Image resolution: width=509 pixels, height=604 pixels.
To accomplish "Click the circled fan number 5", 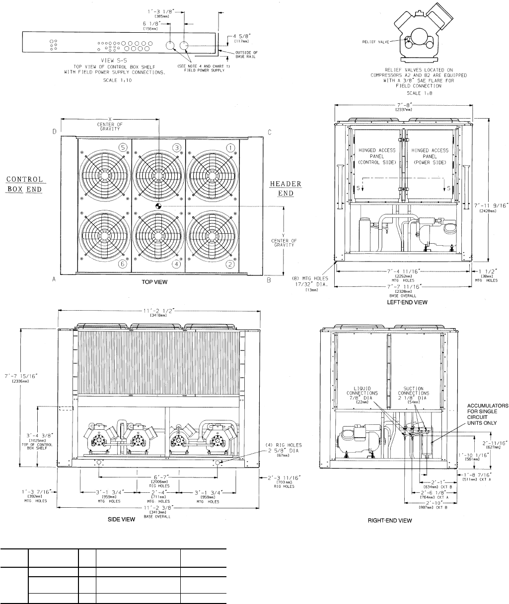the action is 123,147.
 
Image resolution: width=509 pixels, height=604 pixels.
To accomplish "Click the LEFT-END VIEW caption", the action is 403,301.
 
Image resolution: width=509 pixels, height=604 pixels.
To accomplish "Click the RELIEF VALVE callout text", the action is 374,43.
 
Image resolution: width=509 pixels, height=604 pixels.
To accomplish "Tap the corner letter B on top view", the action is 269,280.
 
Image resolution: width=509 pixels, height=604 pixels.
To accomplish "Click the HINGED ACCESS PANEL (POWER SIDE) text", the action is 430,156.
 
